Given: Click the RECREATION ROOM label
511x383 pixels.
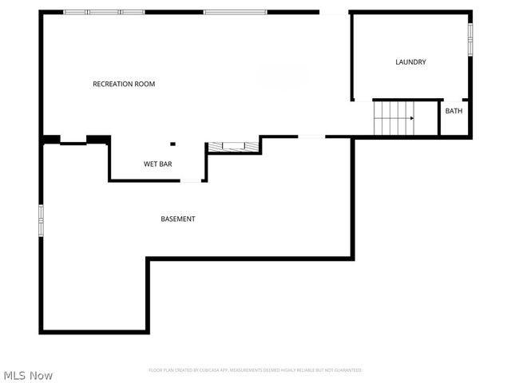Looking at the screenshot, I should (124, 84).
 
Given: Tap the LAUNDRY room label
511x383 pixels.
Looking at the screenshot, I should (411, 62).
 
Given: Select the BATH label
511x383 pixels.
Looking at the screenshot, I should (454, 111).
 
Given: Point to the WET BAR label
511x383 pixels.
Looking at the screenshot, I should (157, 164).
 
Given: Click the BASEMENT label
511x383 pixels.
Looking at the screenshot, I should (177, 219).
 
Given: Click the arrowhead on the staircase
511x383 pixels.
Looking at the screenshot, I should (411, 118).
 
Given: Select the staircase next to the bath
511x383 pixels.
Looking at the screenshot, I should (394, 118).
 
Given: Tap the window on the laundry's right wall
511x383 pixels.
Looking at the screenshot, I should (470, 38).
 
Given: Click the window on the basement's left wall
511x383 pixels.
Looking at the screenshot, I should (42, 220).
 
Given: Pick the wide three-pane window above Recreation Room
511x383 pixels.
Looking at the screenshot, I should (105, 12).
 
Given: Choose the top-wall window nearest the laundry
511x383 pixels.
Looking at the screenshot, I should (235, 12).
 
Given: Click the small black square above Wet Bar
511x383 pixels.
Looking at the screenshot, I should (172, 144).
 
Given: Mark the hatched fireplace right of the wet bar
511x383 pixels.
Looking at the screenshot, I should (233, 146).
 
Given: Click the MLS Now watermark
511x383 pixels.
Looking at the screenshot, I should (28, 375).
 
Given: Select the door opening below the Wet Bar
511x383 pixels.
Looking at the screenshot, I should (191, 180).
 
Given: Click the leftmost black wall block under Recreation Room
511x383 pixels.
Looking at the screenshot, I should (51, 140).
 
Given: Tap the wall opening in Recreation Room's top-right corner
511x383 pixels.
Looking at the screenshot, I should (334, 12).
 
